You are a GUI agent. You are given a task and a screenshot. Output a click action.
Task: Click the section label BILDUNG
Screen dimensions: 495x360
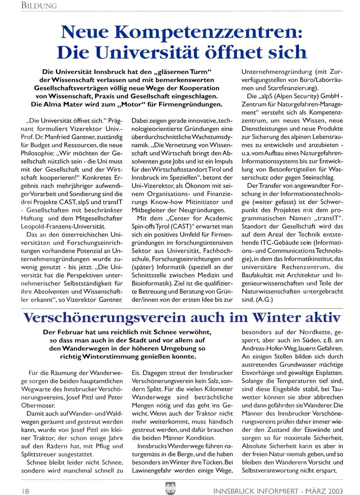(39, 6)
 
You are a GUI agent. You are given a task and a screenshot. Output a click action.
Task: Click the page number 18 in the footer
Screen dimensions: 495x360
(25, 490)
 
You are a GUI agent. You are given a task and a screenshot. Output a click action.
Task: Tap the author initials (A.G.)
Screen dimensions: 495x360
(264, 299)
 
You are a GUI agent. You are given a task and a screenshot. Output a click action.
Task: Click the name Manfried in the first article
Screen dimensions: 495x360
(64, 137)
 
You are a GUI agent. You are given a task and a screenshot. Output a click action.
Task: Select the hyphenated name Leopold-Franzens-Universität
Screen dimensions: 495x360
(63, 226)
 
